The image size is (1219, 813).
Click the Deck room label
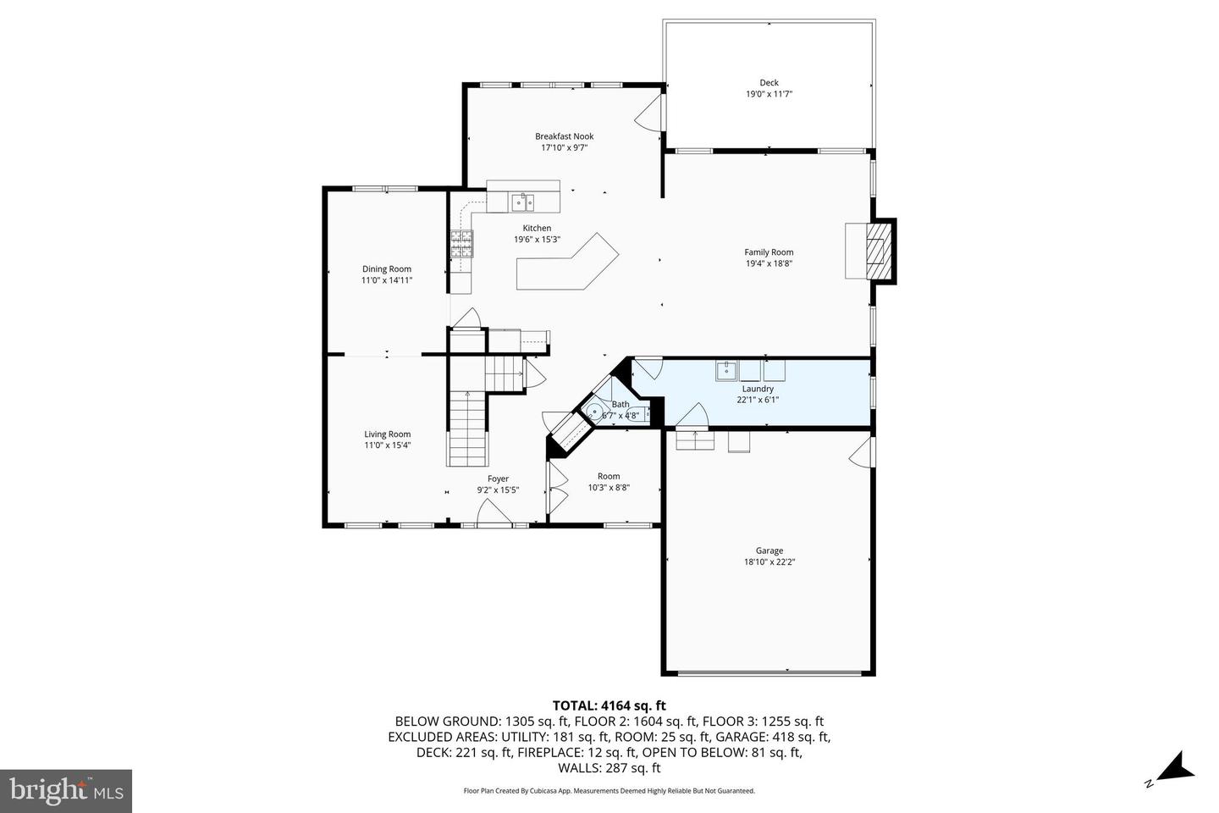(x=769, y=83)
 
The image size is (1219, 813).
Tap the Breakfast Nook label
(x=564, y=136)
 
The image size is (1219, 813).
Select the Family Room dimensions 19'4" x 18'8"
(x=769, y=263)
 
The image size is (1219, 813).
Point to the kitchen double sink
(x=522, y=202)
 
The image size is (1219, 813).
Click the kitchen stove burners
(x=461, y=244)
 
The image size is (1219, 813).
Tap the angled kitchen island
(x=567, y=263)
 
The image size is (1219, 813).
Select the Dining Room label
(x=386, y=269)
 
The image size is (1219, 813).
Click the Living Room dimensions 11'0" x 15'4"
(x=387, y=445)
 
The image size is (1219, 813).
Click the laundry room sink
(x=726, y=371)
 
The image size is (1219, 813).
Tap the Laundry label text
(x=758, y=389)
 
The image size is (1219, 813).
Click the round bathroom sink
(x=593, y=412)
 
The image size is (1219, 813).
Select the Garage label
(x=769, y=550)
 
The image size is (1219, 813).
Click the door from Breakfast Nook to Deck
(x=650, y=112)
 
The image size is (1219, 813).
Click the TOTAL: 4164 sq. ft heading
(x=609, y=705)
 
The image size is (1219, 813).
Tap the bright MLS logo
(x=66, y=791)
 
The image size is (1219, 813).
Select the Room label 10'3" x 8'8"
(x=609, y=482)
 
